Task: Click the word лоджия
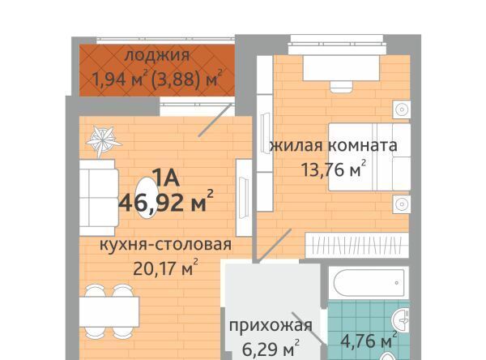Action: coord(157,56)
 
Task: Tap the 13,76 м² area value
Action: coord(334,169)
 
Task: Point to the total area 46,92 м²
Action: coord(166,202)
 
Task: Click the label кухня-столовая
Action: coord(165,245)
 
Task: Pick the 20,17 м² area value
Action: coord(165,268)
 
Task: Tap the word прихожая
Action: coord(271,326)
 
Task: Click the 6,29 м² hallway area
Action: coord(271,349)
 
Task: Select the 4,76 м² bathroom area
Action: coord(369,341)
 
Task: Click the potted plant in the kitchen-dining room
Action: coord(104,140)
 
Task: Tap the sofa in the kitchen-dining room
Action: coord(99,197)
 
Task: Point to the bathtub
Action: coord(369,283)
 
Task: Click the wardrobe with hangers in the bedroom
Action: coord(357,245)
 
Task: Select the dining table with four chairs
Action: coord(109,311)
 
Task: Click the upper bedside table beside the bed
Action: coord(402,109)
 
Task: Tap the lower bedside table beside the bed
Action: coord(402,204)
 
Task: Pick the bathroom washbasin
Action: coord(401,320)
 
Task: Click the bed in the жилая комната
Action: coord(369,156)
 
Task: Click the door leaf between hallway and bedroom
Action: coord(275,245)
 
